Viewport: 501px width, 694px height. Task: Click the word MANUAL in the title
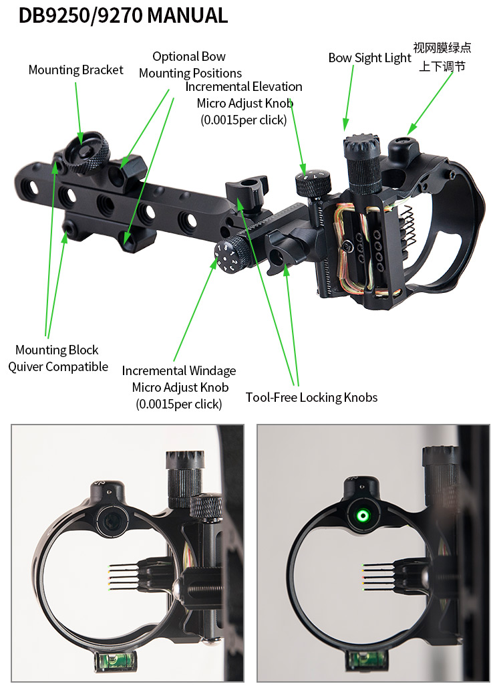(x=187, y=15)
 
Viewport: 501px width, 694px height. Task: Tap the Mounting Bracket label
(x=75, y=70)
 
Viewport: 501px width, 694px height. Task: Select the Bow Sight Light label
(x=369, y=58)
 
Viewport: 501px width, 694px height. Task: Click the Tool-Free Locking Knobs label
(x=311, y=397)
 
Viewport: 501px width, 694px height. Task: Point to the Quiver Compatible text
(x=58, y=367)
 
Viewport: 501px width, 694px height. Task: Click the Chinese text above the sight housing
(x=442, y=57)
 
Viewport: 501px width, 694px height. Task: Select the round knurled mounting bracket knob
(x=86, y=152)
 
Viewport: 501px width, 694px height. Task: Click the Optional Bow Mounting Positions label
(x=190, y=65)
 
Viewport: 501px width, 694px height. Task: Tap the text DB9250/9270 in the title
(x=79, y=15)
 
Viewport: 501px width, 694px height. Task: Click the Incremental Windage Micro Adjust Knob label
(x=179, y=387)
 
